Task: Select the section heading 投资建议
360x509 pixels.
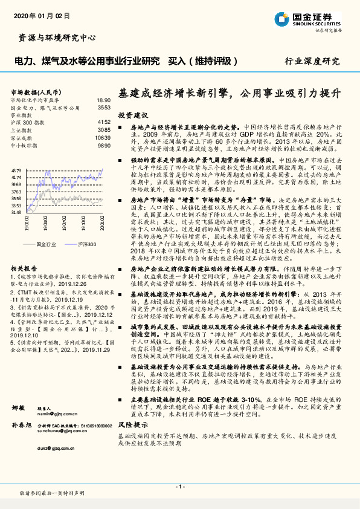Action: (x=132, y=115)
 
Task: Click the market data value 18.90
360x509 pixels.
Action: (x=103, y=100)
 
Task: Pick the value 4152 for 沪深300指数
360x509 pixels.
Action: (x=103, y=122)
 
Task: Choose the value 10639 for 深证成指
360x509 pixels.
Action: (x=102, y=138)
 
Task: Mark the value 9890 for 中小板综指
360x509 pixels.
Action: (x=103, y=146)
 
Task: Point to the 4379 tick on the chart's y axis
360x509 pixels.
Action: (x=16, y=172)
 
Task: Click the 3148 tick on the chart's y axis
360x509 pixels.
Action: (x=16, y=212)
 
